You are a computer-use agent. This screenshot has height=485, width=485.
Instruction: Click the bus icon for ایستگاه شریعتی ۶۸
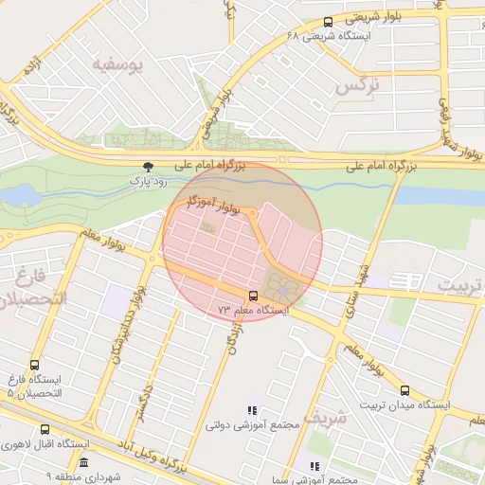tap(328, 21)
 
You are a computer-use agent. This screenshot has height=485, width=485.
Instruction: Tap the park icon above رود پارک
tap(146, 165)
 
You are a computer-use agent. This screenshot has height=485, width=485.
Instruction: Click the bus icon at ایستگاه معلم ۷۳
tap(252, 295)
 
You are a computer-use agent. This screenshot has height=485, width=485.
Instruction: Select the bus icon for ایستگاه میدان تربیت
tap(404, 389)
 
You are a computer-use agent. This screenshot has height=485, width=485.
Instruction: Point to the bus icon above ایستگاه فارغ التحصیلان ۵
tap(35, 365)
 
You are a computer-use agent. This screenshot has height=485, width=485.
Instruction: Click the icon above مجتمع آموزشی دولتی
tap(252, 410)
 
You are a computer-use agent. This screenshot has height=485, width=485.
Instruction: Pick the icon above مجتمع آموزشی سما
tap(314, 466)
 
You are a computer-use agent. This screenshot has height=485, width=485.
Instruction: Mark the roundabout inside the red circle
tap(285, 284)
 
